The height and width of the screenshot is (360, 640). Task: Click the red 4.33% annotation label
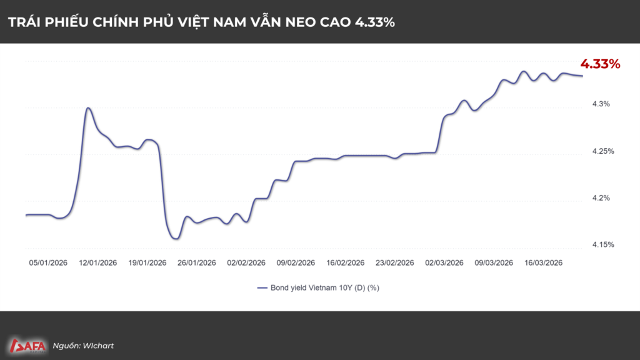coord(600,64)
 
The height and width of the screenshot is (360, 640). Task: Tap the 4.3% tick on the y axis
coord(601,104)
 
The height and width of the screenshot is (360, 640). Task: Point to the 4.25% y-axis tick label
coord(602,151)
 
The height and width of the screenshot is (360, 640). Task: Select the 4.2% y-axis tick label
coord(601,198)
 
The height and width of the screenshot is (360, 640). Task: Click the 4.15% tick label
coord(602,245)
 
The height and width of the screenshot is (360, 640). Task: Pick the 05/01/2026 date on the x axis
coord(49,263)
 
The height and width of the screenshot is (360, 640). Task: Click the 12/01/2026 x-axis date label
coord(98,263)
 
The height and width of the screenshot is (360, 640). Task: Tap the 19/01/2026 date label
coord(147,263)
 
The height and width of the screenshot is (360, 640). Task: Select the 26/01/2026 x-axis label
coord(197,263)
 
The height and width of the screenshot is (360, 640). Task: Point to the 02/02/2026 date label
coord(246,263)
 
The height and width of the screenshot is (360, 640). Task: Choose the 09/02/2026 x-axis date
coord(296,263)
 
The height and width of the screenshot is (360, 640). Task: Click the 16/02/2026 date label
coord(345,263)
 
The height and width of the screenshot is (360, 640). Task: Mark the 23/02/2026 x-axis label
coord(394,263)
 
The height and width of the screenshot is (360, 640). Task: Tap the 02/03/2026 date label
coord(444,263)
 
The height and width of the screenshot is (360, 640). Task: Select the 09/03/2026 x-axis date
coord(493,263)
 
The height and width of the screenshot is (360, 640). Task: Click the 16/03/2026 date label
coord(542,263)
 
